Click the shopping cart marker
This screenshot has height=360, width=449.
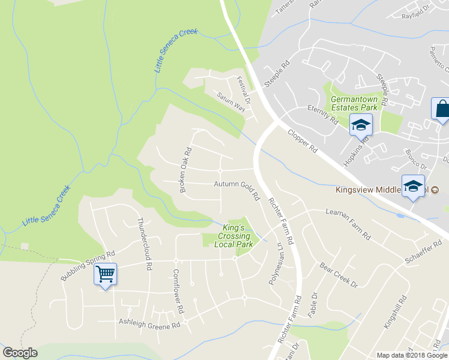pos(106,274)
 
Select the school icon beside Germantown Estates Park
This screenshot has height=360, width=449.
pos(360,125)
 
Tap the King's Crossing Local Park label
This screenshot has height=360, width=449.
pos(234,236)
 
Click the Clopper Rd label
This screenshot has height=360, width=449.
pos(302,141)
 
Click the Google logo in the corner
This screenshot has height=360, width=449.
pos(20,353)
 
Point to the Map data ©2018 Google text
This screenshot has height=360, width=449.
pos(412,355)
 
